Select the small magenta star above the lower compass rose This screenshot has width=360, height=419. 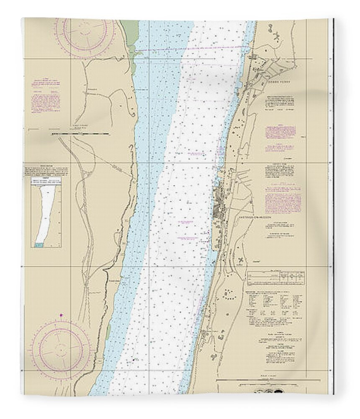[62, 315]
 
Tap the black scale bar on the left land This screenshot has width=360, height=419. [80, 134]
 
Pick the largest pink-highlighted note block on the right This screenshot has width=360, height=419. [283, 197]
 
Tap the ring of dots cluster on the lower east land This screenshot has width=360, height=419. [229, 293]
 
